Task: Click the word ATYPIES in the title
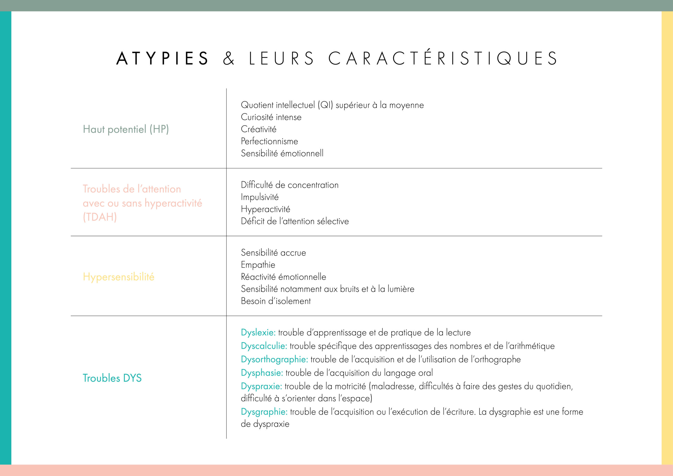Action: (x=162, y=58)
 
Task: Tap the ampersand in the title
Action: (x=228, y=58)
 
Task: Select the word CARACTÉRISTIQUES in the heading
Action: (x=443, y=58)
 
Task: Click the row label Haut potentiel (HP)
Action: (x=126, y=129)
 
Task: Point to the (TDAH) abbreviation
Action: (x=100, y=217)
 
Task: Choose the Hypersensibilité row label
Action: (x=118, y=277)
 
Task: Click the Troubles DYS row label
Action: (x=112, y=378)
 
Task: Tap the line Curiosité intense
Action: (x=271, y=117)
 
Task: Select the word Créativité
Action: (x=259, y=129)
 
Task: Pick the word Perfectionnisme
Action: (x=269, y=141)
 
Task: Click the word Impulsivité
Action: (x=259, y=197)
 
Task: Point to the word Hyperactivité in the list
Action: (x=265, y=209)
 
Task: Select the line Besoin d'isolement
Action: (x=275, y=301)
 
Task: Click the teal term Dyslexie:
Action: (x=258, y=333)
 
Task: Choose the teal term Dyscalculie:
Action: (x=264, y=346)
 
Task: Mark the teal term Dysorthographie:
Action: (x=274, y=359)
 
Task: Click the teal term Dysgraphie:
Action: (x=264, y=412)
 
